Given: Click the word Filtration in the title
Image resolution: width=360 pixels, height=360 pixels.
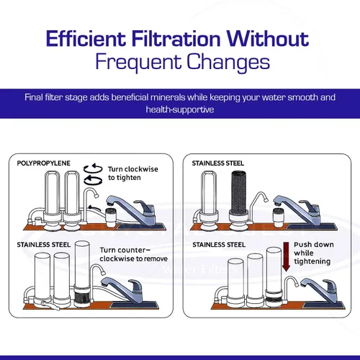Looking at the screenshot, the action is click(176, 38).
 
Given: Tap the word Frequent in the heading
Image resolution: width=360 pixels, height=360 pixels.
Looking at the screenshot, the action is click(138, 62).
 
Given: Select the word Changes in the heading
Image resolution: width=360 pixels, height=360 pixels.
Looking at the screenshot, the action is click(228, 62).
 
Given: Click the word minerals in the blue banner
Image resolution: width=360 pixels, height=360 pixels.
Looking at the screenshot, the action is click(168, 97).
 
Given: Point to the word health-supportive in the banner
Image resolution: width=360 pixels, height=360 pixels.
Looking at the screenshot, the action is click(180, 109).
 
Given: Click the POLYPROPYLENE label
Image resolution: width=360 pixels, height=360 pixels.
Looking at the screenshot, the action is click(43, 163).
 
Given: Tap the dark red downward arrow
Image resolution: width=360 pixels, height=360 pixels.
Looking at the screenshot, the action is click(286, 257).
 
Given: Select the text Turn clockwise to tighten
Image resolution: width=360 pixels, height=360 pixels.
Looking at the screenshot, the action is click(133, 174).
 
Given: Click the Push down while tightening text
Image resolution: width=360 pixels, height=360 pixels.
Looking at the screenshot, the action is click(314, 253).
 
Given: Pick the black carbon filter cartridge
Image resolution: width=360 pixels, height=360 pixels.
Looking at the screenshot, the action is click(238, 192).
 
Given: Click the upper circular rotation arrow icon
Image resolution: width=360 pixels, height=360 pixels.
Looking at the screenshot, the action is click(93, 168).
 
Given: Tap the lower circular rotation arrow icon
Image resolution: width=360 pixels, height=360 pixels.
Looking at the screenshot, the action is click(93, 180).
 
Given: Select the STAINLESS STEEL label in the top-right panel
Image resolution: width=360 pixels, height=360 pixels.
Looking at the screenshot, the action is click(218, 163).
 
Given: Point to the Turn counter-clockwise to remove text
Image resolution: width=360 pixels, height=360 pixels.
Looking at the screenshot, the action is click(134, 254).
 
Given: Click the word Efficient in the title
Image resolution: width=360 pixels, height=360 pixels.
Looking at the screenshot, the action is click(86, 38).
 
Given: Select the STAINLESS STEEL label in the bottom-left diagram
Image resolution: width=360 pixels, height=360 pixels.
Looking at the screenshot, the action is click(43, 245).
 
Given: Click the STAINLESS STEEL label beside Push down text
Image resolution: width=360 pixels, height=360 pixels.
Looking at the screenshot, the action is click(219, 245).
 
